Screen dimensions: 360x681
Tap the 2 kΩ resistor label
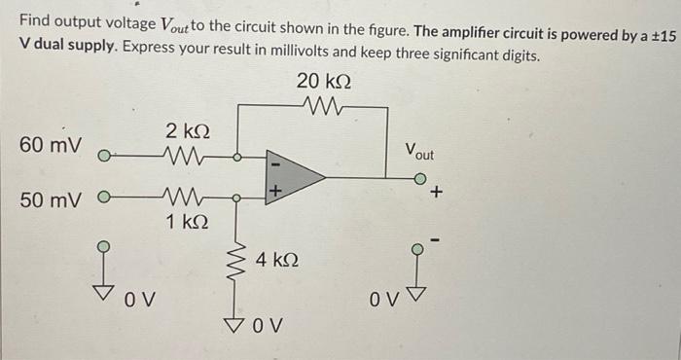(185, 131)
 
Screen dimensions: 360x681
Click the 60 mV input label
(50, 146)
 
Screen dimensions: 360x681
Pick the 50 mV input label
(50, 199)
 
